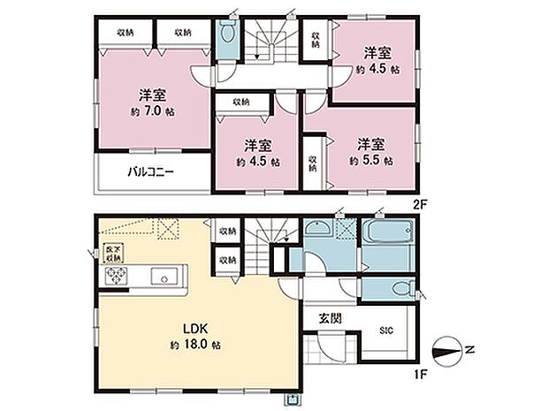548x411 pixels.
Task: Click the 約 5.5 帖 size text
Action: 370,161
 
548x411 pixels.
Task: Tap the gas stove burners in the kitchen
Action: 118,277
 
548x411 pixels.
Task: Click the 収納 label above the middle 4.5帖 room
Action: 240,103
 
